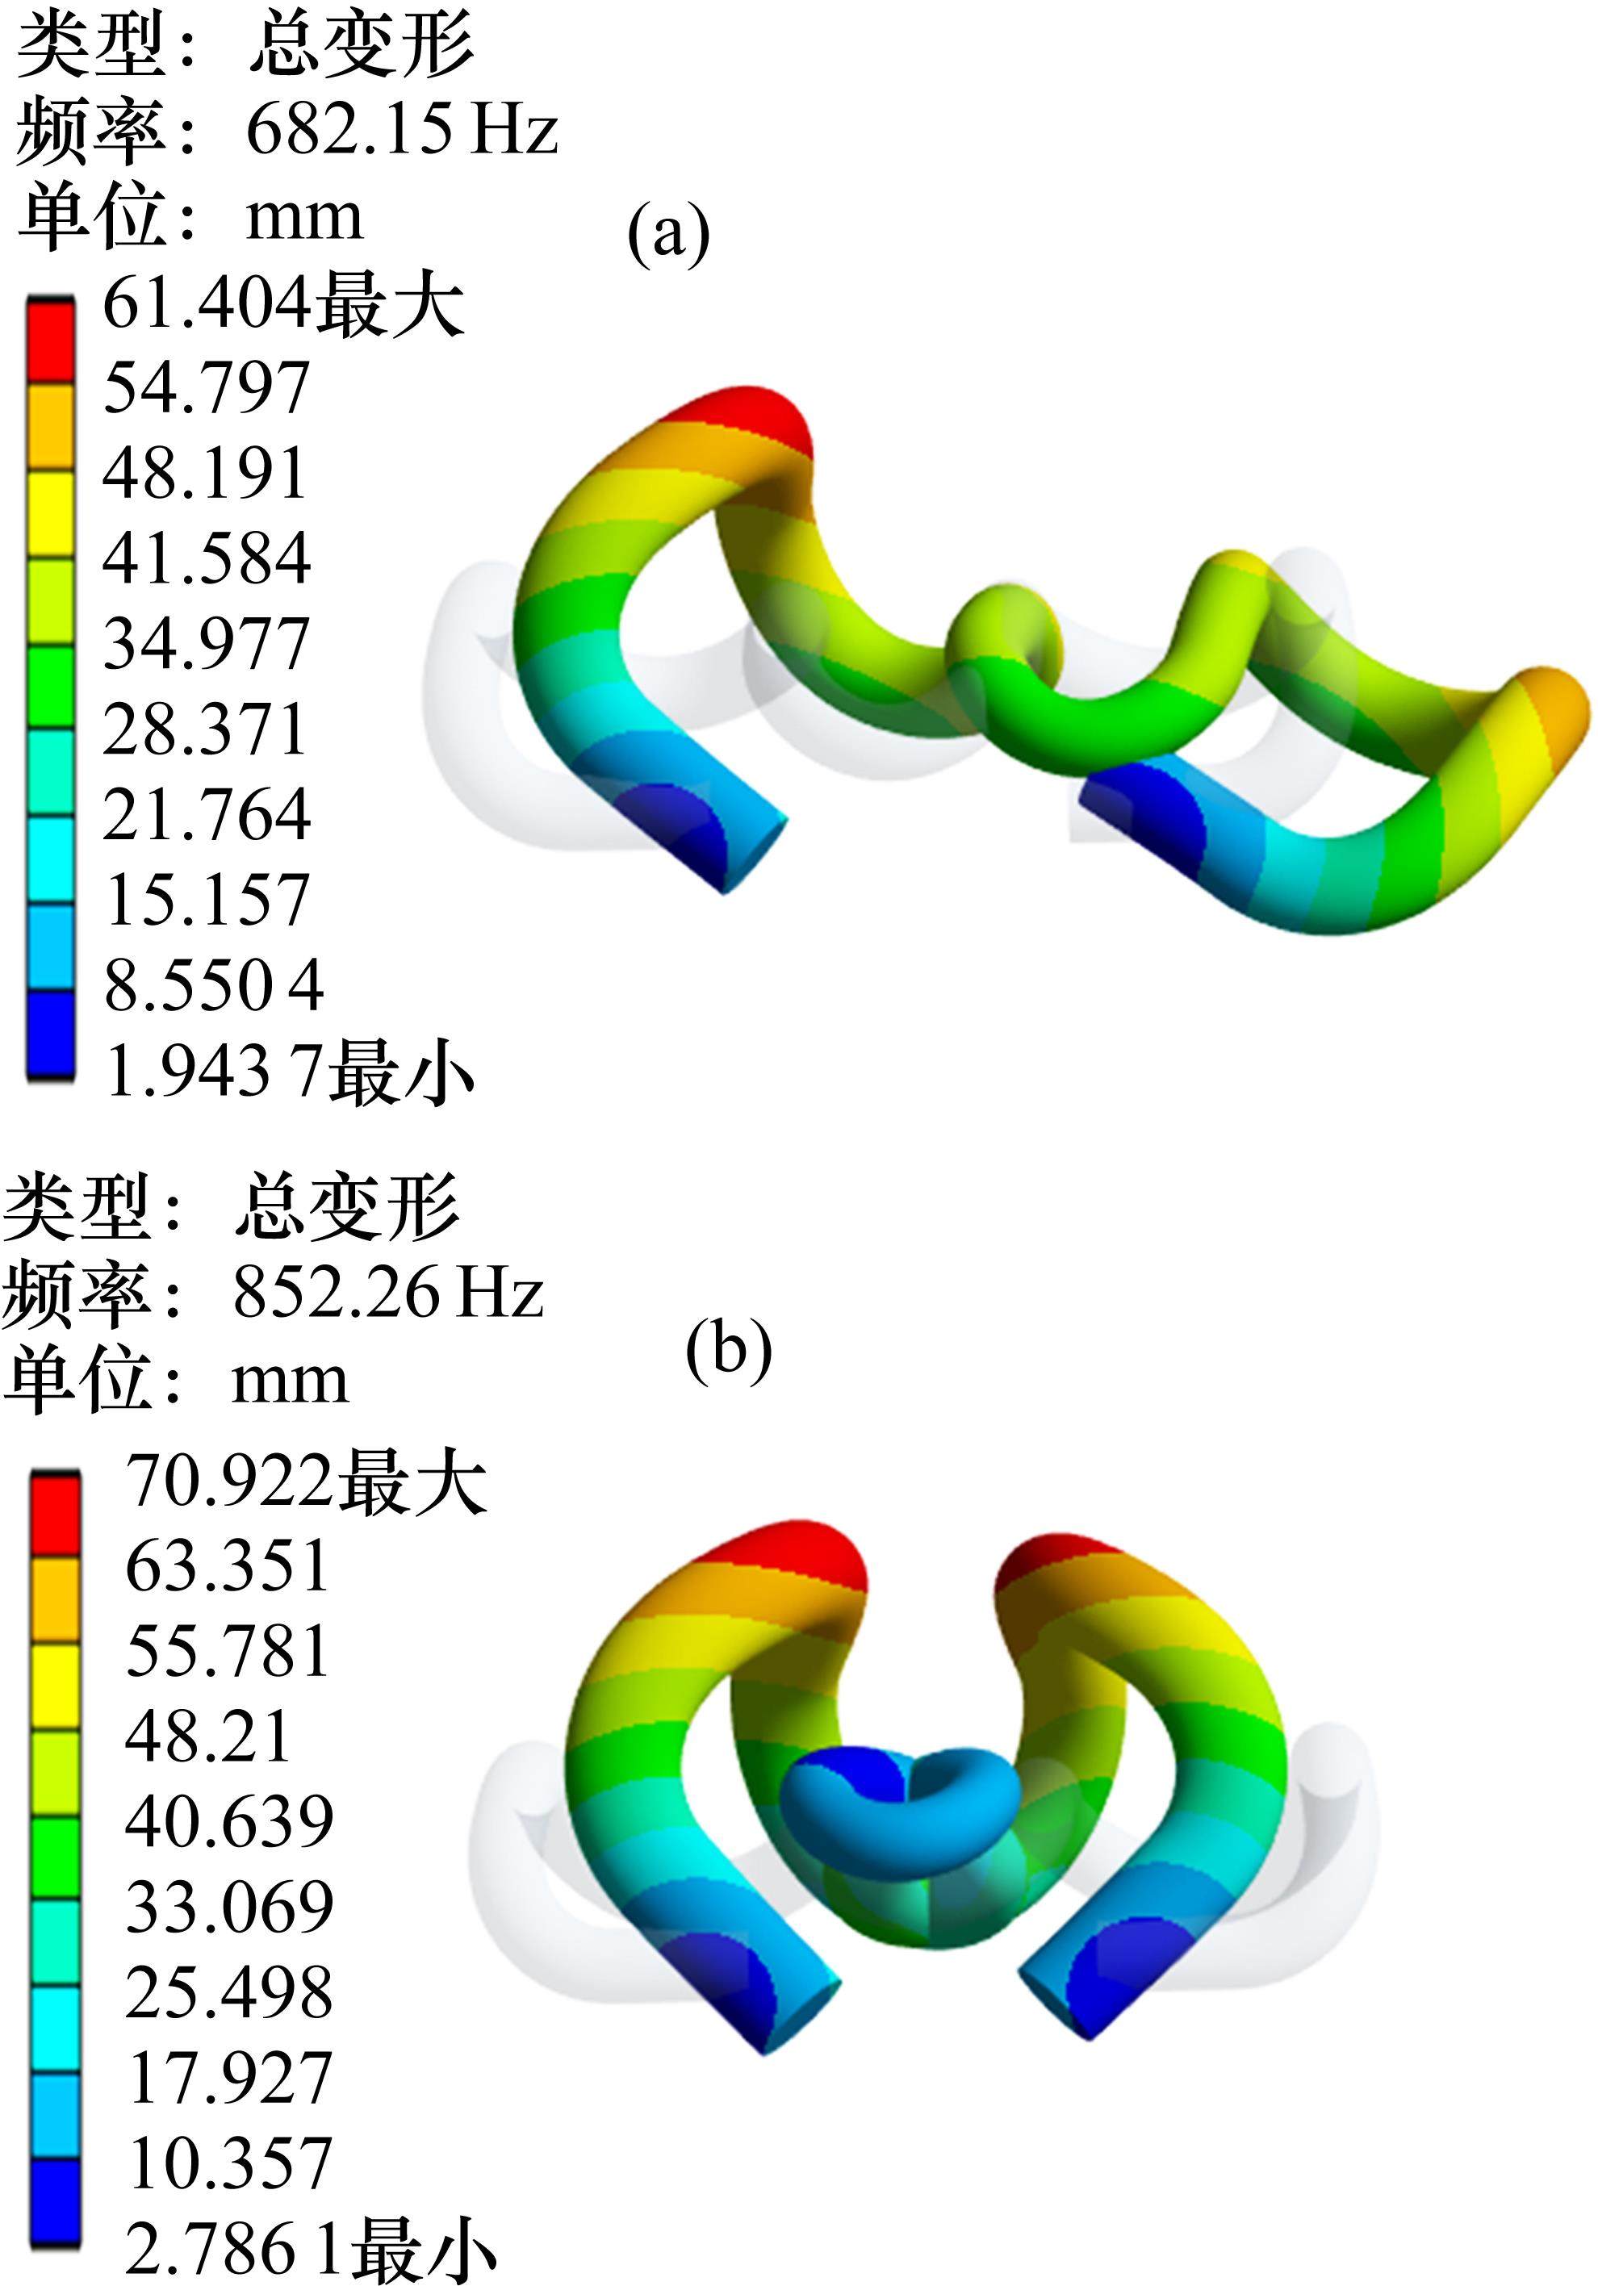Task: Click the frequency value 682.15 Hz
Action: pyautogui.click(x=401, y=129)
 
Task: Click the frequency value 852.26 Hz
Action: pyautogui.click(x=388, y=1293)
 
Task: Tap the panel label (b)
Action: pyautogui.click(x=729, y=1349)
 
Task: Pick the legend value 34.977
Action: pyautogui.click(x=206, y=644)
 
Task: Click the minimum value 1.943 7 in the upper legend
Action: pyautogui.click(x=213, y=1072)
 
